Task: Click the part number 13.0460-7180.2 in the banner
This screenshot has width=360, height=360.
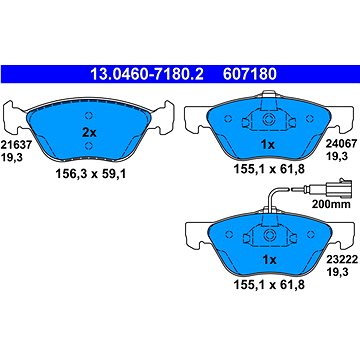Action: [x=147, y=74]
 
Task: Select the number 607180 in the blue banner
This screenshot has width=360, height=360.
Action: [x=250, y=74]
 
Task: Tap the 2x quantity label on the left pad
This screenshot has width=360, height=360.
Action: [x=89, y=133]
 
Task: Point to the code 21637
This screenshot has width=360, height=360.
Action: [x=16, y=145]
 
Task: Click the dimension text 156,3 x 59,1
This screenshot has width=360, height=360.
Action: [x=90, y=173]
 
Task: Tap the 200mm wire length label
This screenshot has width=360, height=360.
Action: [x=331, y=204]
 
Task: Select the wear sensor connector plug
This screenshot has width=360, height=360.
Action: [x=338, y=189]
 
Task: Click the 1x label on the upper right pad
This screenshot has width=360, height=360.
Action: [x=268, y=145]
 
